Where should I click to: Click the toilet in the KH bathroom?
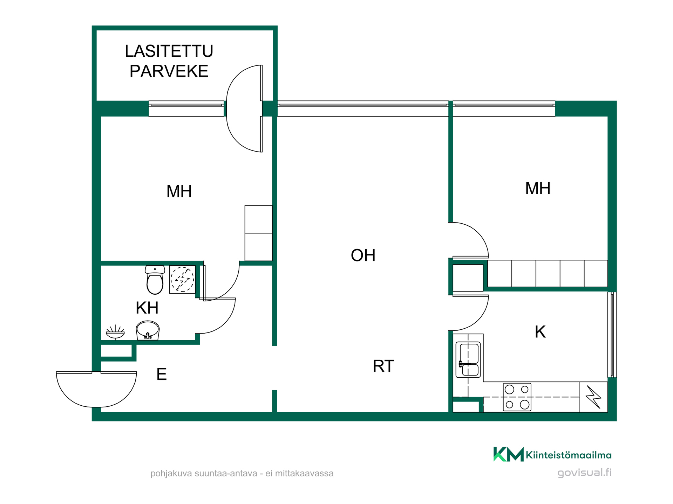[x=155, y=280]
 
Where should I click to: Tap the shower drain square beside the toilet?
[x=182, y=279]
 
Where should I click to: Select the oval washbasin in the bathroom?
[x=148, y=330]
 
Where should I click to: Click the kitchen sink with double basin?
[x=468, y=360]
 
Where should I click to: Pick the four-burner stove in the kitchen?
[x=517, y=397]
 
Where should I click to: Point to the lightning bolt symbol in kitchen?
[x=593, y=397]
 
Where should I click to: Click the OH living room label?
[x=363, y=255]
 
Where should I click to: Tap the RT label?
[x=383, y=366]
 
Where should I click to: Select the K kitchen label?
[x=540, y=332]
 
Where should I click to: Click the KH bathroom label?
[x=147, y=308]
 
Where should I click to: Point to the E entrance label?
[x=161, y=374]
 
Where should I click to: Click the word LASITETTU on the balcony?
[x=169, y=51]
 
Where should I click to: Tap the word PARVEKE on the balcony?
[x=169, y=71]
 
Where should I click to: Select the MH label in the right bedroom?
[x=538, y=188]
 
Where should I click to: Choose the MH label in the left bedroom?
[x=179, y=191]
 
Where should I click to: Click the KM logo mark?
[x=508, y=454]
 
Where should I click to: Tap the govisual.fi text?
[x=584, y=472]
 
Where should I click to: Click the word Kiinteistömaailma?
[x=569, y=455]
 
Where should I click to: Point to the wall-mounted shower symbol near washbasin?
[x=115, y=332]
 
